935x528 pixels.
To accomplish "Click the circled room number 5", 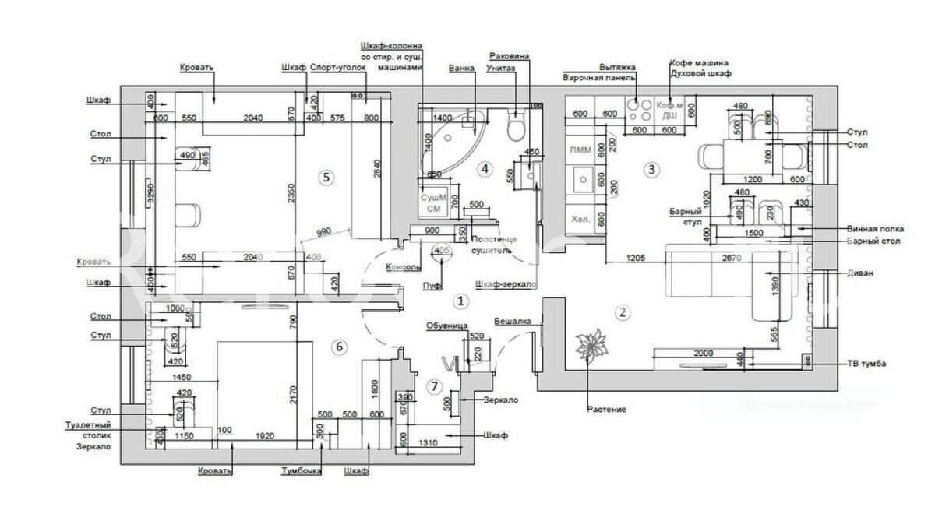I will click(x=326, y=178).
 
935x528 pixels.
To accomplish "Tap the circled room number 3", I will click(x=652, y=169).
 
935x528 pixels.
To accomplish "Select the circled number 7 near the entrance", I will click(x=435, y=387).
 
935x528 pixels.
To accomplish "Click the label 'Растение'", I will click(x=607, y=409).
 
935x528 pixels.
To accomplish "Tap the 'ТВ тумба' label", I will click(x=866, y=364).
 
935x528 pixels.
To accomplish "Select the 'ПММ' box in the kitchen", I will click(x=580, y=150).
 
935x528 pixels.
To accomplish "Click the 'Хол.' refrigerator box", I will click(x=580, y=219).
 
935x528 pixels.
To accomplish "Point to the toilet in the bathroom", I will click(x=516, y=125).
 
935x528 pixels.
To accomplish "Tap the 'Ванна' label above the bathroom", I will click(x=462, y=69).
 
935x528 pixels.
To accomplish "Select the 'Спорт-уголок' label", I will click(x=337, y=69).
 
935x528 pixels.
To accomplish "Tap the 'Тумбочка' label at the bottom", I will click(x=302, y=470).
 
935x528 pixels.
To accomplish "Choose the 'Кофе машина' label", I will click(x=699, y=62).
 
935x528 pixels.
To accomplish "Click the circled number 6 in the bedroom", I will click(x=338, y=347).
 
